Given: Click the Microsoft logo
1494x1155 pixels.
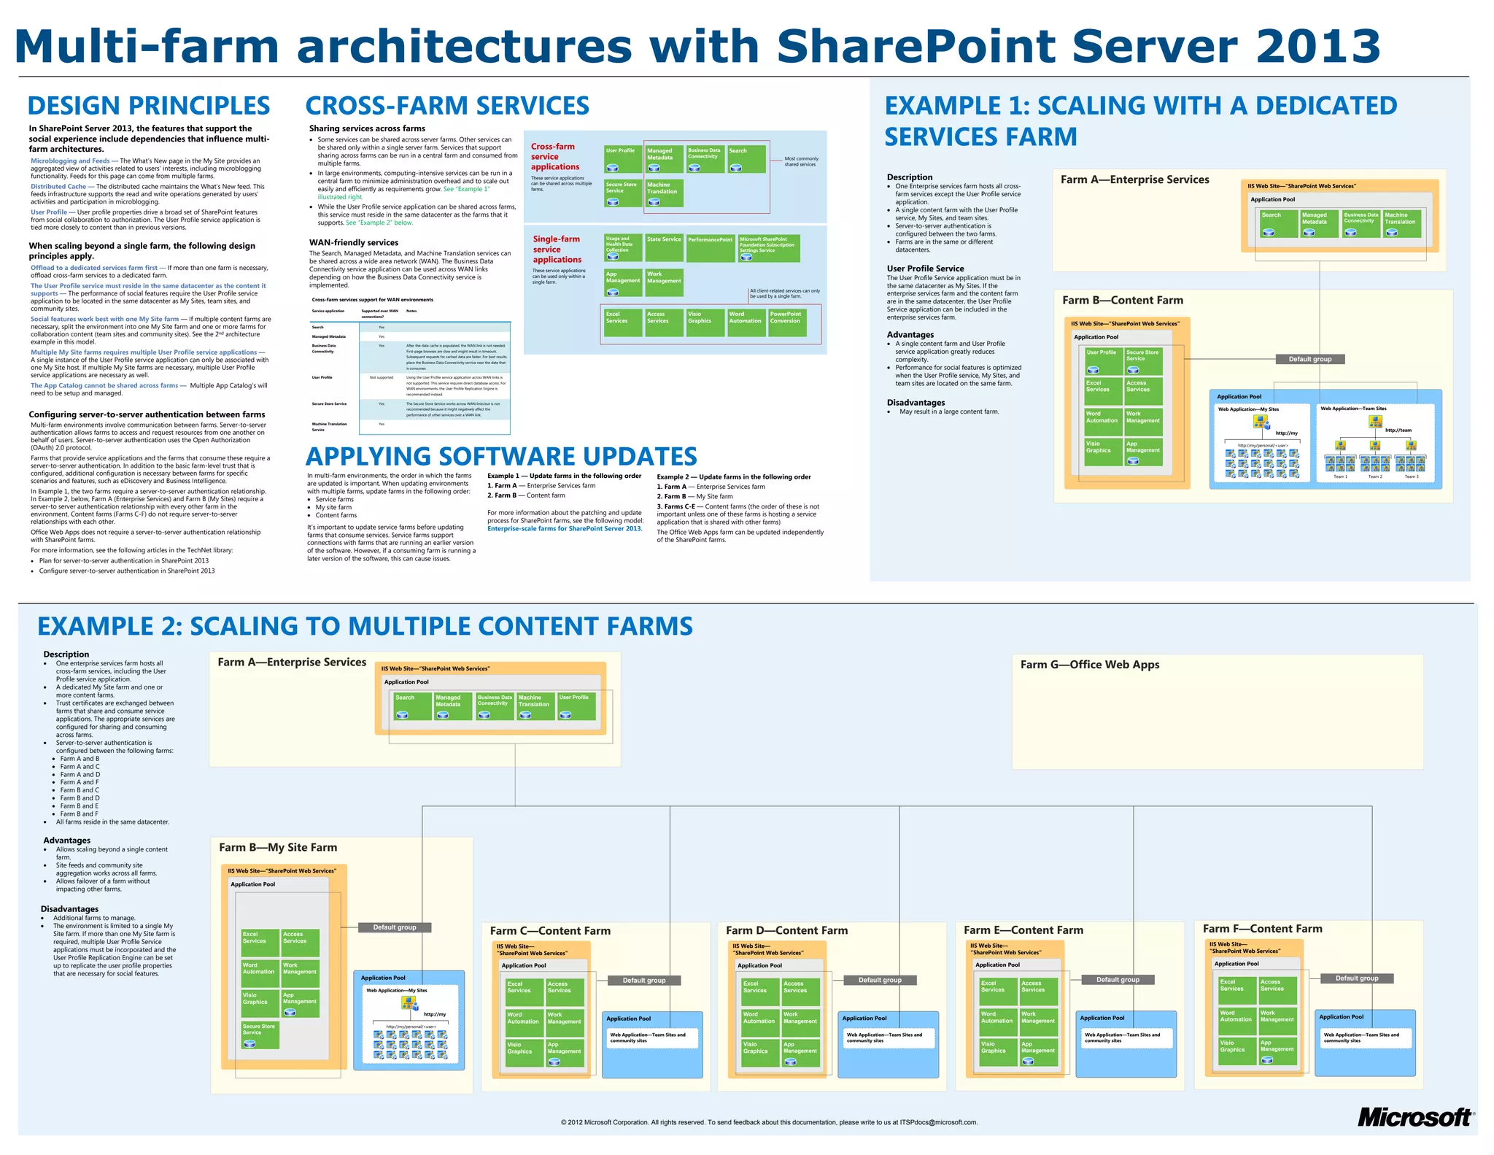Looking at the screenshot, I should (1414, 1117).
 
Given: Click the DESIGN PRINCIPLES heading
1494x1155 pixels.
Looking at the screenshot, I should (149, 106).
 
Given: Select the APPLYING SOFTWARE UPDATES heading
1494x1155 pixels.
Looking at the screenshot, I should (501, 457).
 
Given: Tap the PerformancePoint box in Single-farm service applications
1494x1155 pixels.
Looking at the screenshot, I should (710, 247).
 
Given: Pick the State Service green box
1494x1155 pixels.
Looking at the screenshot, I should (664, 247).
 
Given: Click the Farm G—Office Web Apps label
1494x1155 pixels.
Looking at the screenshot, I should (1089, 665).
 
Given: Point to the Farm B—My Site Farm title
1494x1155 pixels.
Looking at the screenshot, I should (278, 847).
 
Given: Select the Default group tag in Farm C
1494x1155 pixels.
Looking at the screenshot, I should (643, 980).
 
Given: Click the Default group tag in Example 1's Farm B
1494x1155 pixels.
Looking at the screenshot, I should (1309, 359).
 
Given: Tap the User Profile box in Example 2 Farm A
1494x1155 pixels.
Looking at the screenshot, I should (576, 706).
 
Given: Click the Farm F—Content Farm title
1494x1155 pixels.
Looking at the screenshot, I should (1262, 929).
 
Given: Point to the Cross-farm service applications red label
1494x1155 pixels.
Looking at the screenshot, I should (554, 157).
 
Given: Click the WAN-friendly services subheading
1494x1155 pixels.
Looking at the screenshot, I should (354, 243).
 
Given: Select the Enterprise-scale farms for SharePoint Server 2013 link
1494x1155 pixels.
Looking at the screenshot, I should (565, 529).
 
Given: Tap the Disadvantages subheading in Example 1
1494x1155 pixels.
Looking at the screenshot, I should (916, 403).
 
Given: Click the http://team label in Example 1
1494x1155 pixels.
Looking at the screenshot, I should (1398, 430).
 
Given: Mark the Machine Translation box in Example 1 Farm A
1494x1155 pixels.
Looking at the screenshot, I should (1401, 223).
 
